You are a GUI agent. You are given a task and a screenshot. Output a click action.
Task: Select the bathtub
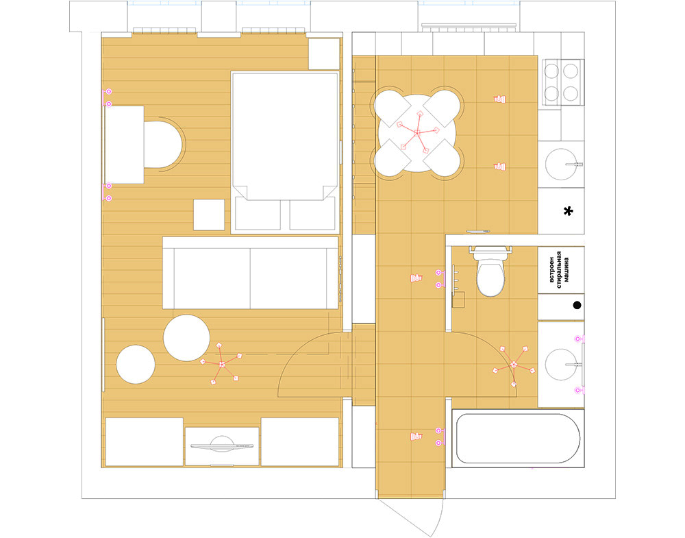pos(518,439)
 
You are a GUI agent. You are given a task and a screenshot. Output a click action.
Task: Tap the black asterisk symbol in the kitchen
pos(568,212)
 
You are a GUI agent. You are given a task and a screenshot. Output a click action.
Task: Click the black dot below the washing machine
pos(577,305)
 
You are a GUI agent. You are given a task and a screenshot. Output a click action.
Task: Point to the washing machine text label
pos(559,269)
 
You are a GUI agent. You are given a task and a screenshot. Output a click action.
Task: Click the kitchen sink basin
pos(561,164)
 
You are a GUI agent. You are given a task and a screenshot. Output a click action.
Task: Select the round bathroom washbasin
pos(561,364)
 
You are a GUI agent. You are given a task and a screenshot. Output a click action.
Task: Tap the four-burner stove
pos(562,82)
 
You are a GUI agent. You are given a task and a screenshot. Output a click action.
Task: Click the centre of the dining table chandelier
pos(417,132)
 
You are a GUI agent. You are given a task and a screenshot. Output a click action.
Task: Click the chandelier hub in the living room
pos(222,364)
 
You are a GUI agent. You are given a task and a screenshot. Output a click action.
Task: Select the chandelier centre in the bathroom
pos(514,364)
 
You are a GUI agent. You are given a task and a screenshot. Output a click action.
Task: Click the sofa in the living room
pos(250,273)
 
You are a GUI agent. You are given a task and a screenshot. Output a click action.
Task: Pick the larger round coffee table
pos(186,338)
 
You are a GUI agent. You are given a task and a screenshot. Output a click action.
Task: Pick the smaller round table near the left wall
pos(136,365)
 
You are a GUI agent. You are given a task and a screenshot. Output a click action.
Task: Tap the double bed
pos(285,153)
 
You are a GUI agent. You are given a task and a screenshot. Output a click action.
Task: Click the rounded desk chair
pos(163,144)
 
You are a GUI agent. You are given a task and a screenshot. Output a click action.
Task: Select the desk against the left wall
pos(125,145)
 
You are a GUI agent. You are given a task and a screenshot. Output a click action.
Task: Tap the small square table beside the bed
pos(209,215)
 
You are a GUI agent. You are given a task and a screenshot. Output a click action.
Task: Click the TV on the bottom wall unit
pos(222,445)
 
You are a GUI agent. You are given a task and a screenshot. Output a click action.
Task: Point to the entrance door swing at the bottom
pos(413,518)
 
